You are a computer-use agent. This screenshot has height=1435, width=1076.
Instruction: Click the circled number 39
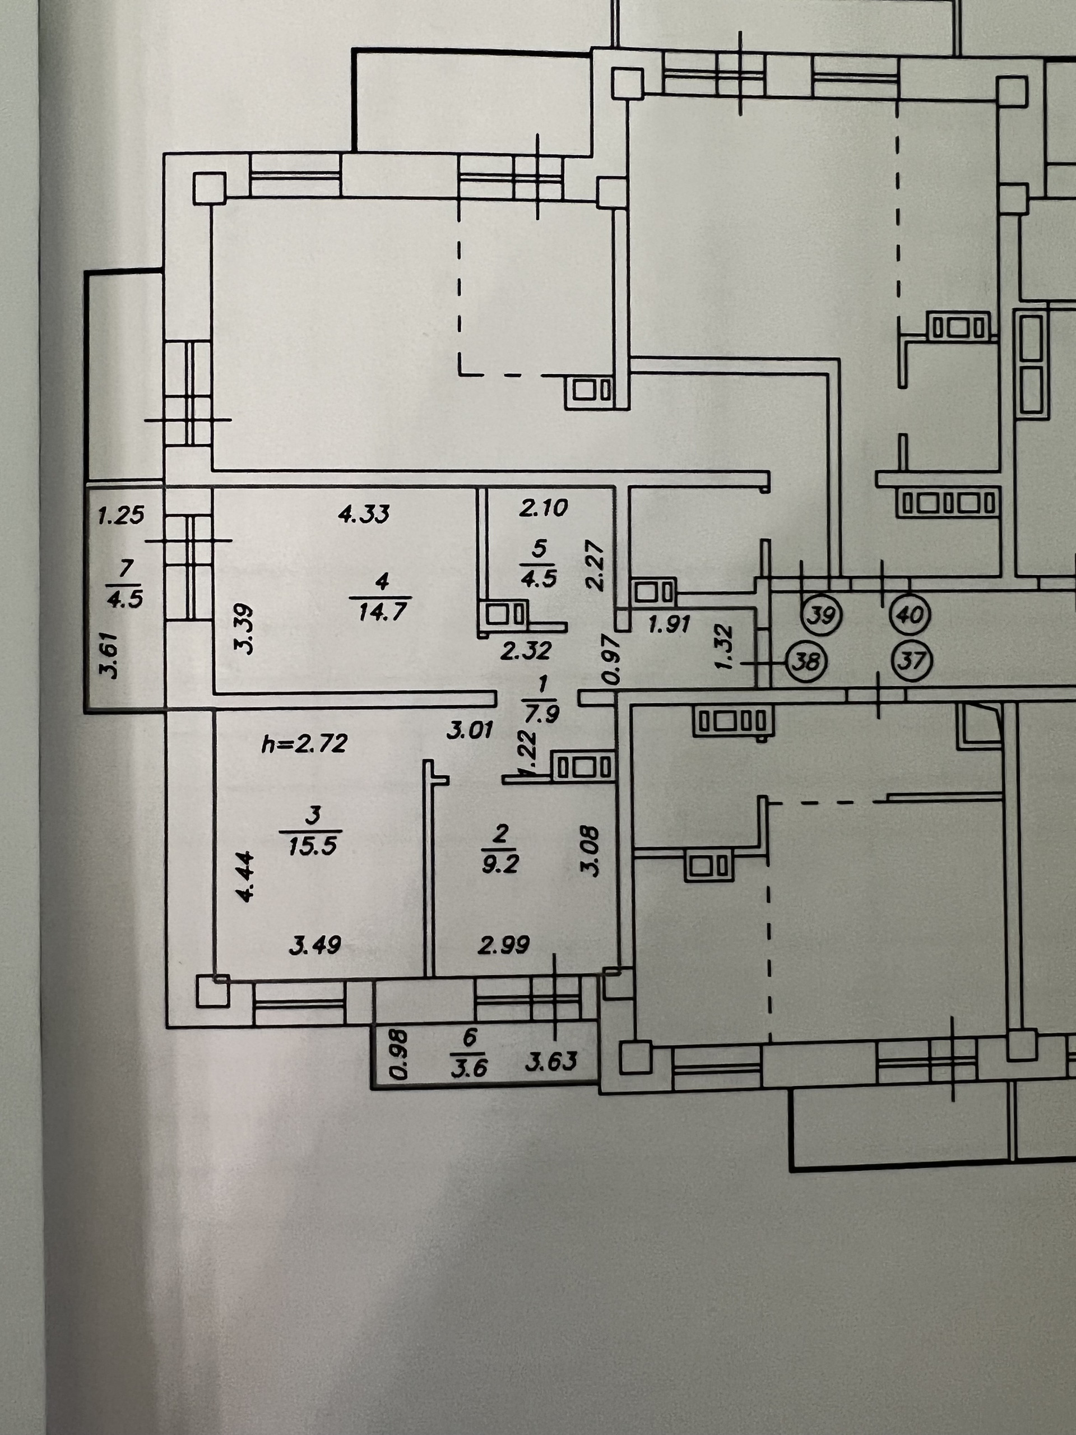(x=822, y=613)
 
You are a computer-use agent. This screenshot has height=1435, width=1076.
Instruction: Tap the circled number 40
(x=911, y=613)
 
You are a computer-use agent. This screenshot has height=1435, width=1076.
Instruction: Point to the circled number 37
(x=912, y=661)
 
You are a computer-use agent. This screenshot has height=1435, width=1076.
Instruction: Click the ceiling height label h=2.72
(x=304, y=743)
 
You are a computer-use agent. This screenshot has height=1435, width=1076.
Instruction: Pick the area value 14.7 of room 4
(x=382, y=611)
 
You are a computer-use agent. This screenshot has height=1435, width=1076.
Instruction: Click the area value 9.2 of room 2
(x=500, y=864)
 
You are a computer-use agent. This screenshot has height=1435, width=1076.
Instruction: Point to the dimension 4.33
(x=364, y=514)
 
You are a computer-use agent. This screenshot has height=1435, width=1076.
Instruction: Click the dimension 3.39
(x=245, y=628)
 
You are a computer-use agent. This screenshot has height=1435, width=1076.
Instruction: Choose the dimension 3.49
(x=314, y=945)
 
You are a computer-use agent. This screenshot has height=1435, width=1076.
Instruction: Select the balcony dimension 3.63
(x=551, y=1061)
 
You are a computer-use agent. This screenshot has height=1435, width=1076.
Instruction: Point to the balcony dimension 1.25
(x=120, y=516)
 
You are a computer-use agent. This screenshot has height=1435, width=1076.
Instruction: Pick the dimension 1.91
(x=669, y=624)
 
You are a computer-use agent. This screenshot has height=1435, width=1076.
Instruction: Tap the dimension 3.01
(x=470, y=731)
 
